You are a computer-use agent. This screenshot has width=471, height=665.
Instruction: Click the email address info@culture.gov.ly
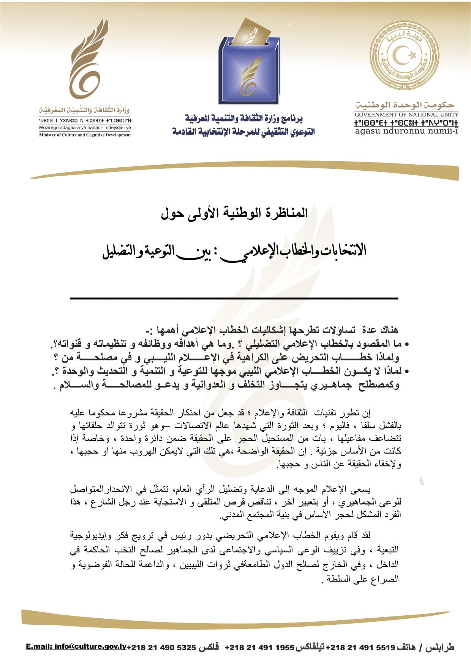pyautogui.click(x=76, y=646)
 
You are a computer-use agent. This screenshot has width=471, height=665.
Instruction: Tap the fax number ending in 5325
pyautogui.click(x=161, y=647)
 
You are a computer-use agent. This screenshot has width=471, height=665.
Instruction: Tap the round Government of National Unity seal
pyautogui.click(x=404, y=55)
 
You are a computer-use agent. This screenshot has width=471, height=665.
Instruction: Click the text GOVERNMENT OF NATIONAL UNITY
pyautogui.click(x=406, y=115)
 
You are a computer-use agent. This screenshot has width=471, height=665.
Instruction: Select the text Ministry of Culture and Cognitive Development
pyautogui.click(x=85, y=135)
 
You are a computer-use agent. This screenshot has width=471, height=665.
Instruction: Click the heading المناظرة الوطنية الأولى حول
pyautogui.click(x=234, y=213)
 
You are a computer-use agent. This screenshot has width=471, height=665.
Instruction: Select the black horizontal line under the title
pyautogui.click(x=234, y=299)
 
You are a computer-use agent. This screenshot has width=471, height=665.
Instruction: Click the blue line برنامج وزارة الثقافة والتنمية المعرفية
pyautogui.click(x=243, y=119)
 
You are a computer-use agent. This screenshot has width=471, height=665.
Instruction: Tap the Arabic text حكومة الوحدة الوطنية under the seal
pyautogui.click(x=405, y=104)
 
